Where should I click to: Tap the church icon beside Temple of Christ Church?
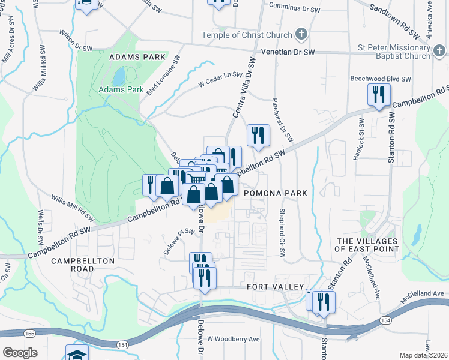tap(302, 34)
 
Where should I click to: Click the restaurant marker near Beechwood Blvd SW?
tap(379, 95)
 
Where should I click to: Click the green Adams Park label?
tap(121, 90)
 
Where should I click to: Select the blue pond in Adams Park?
tap(119, 76)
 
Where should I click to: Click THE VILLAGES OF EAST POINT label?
tap(366, 244)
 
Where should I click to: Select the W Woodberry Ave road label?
tap(234, 339)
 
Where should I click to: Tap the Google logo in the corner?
tap(19, 352)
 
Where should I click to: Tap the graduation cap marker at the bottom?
tap(77, 353)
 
